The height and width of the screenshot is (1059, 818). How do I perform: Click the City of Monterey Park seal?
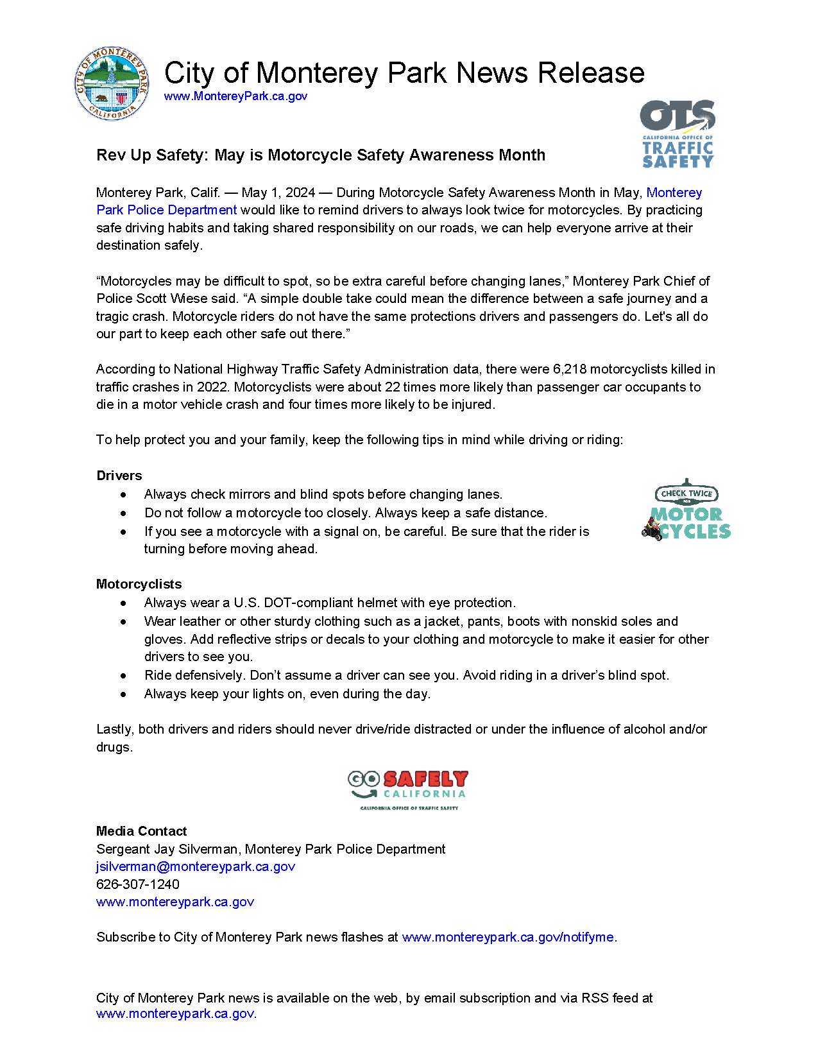pyautogui.click(x=112, y=83)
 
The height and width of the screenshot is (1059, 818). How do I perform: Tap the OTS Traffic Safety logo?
pyautogui.click(x=677, y=134)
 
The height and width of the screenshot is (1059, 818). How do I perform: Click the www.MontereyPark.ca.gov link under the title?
pyautogui.click(x=235, y=96)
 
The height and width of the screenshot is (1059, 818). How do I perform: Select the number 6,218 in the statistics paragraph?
pyautogui.click(x=568, y=369)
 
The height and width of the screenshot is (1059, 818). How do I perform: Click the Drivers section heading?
pyautogui.click(x=119, y=476)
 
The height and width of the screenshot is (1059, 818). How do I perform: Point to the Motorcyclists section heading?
pyautogui.click(x=139, y=584)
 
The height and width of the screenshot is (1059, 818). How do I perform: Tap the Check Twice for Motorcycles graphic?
pyautogui.click(x=686, y=511)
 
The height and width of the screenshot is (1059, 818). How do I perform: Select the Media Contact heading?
pyautogui.click(x=141, y=831)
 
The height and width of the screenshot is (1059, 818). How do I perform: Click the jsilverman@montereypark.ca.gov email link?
pyautogui.click(x=196, y=866)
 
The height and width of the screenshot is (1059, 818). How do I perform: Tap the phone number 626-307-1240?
pyautogui.click(x=138, y=884)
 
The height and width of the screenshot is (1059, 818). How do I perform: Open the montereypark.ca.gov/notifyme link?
pyautogui.click(x=507, y=937)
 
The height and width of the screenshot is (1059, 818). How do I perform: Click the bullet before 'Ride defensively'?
pyautogui.click(x=123, y=676)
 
